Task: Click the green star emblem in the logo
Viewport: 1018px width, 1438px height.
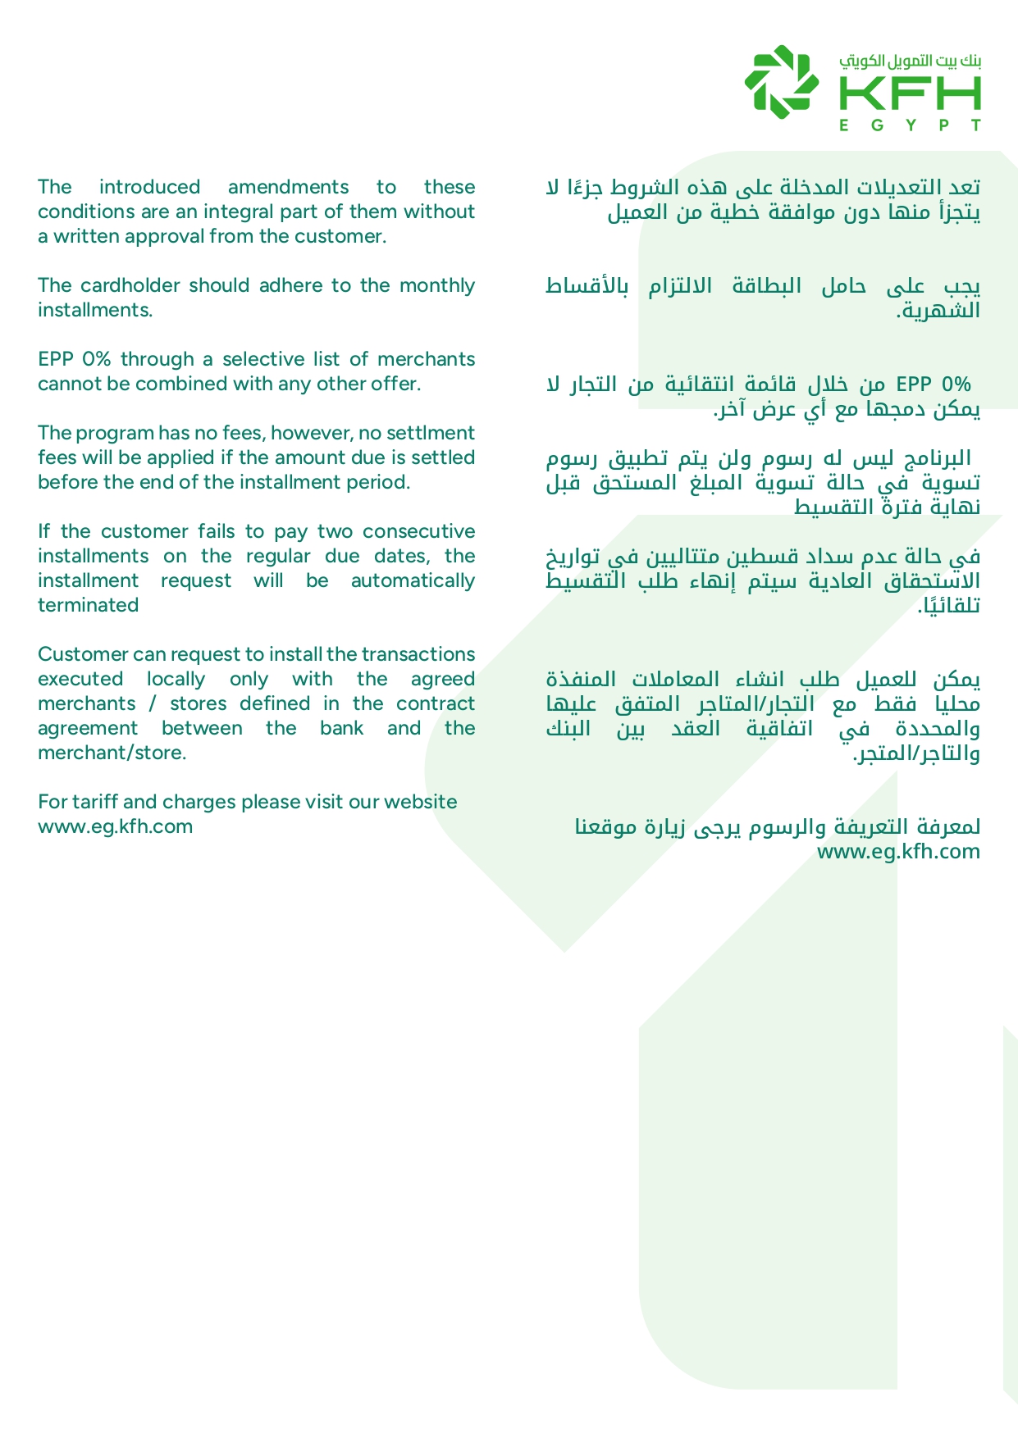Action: [781, 81]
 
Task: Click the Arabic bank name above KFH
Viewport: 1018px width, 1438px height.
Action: [911, 61]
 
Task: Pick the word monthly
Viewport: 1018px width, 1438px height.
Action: [437, 285]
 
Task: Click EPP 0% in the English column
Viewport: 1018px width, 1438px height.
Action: [76, 359]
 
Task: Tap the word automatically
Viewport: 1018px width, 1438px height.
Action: [413, 580]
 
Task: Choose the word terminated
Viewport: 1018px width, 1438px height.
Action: [89, 605]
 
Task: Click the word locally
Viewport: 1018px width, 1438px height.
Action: [176, 679]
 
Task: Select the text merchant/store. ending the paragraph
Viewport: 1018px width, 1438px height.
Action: [112, 753]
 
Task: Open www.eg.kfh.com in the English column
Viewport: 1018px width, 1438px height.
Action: [116, 826]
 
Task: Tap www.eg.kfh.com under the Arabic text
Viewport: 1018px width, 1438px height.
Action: [898, 851]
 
